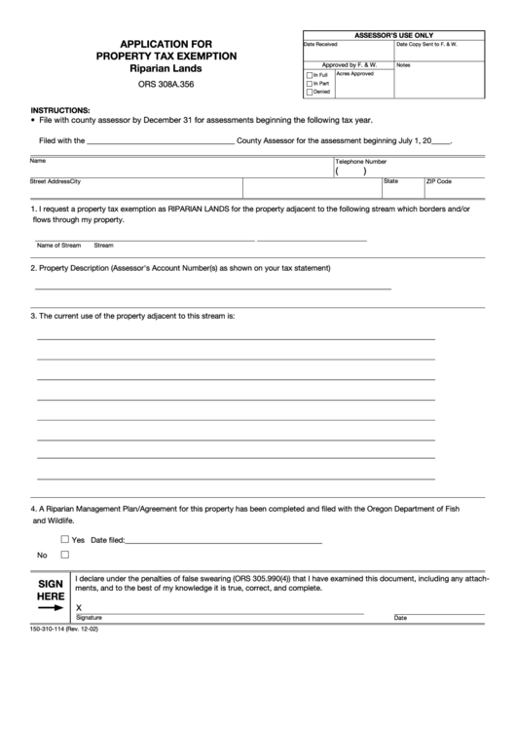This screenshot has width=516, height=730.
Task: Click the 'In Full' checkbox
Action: pyautogui.click(x=310, y=74)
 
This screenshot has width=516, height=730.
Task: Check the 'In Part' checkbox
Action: pyautogui.click(x=310, y=83)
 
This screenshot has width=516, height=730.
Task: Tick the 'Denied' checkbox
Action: pyautogui.click(x=310, y=92)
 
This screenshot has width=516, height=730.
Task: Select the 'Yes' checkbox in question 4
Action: pyautogui.click(x=65, y=538)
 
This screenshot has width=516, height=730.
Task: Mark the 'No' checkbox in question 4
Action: pyautogui.click(x=65, y=555)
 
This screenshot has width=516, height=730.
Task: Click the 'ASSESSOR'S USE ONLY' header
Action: pyautogui.click(x=393, y=35)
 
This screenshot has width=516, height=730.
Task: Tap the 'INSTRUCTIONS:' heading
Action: pyautogui.click(x=60, y=110)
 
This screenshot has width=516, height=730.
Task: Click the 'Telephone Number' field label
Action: pyautogui.click(x=361, y=161)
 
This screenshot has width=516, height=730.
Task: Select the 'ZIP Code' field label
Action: pyautogui.click(x=439, y=181)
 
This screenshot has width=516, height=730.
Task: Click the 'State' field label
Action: pyautogui.click(x=390, y=181)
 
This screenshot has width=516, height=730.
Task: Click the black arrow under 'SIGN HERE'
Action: pyautogui.click(x=51, y=607)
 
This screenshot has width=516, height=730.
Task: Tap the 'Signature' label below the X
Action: pyautogui.click(x=89, y=618)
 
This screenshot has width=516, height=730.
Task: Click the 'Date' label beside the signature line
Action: pyautogui.click(x=400, y=618)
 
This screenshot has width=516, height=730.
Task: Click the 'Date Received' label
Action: pyautogui.click(x=320, y=45)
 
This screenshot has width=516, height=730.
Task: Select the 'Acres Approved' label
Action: pyautogui.click(x=354, y=73)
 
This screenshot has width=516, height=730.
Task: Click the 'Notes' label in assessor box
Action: pyautogui.click(x=403, y=65)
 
